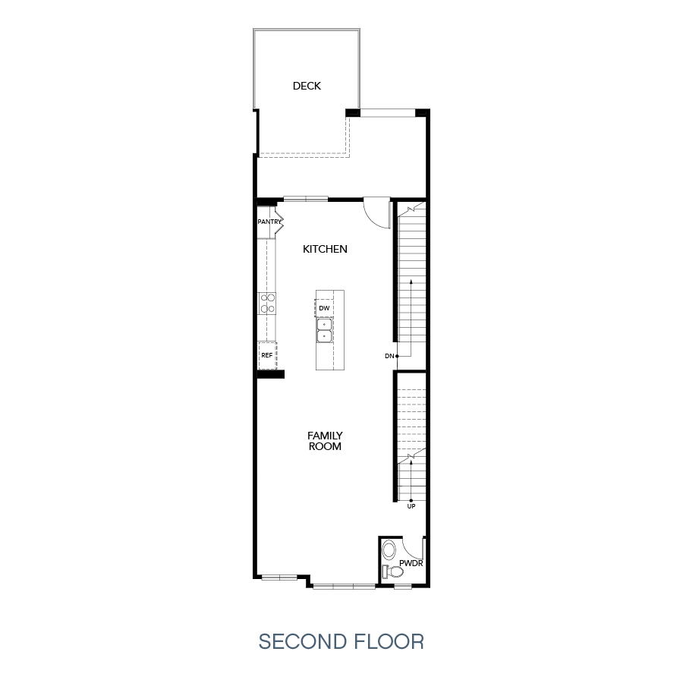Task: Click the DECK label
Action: click(307, 86)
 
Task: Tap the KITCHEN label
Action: click(325, 249)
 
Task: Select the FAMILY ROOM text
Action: click(324, 441)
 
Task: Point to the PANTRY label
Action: click(269, 222)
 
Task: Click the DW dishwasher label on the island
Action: click(324, 308)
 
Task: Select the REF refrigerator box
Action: click(267, 355)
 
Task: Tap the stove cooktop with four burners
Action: click(267, 304)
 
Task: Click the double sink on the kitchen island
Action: click(324, 329)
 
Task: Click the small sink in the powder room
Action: click(389, 549)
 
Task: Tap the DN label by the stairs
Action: click(389, 355)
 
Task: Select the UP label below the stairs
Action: click(411, 506)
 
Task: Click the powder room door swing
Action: click(413, 548)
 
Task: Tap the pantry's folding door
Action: click(280, 222)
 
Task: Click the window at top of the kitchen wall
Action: click(306, 200)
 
